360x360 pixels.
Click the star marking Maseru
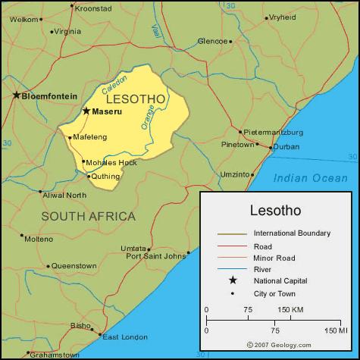click(x=86, y=111)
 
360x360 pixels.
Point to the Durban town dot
click(x=271, y=146)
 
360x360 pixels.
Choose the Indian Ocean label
click(x=311, y=178)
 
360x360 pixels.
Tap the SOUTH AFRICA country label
click(x=88, y=216)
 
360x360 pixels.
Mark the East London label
click(x=124, y=337)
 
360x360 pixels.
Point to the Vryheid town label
click(x=283, y=17)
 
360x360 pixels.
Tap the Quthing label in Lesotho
click(x=106, y=177)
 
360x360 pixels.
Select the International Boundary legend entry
click(x=292, y=233)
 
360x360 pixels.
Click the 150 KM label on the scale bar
click(x=290, y=309)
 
